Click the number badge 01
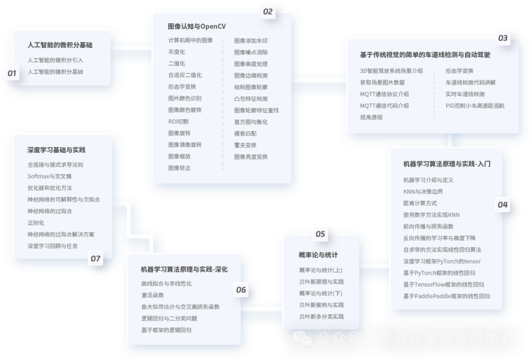coord(12,73)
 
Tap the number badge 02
coord(267,12)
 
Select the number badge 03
coord(502,38)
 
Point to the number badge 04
coord(502,204)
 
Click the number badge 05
coord(320,234)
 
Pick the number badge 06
coord(241,290)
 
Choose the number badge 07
coord(95,259)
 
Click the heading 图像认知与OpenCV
coord(197,26)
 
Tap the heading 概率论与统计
coord(318,255)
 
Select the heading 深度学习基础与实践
coord(56,150)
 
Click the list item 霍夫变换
coord(245,145)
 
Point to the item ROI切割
coord(178,122)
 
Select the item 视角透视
coord(371,118)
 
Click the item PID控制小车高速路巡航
coord(475,106)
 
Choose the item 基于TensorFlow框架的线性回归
coord(443,285)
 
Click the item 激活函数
coord(152,295)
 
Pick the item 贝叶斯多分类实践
coord(321,317)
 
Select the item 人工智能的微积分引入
coord(56,60)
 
